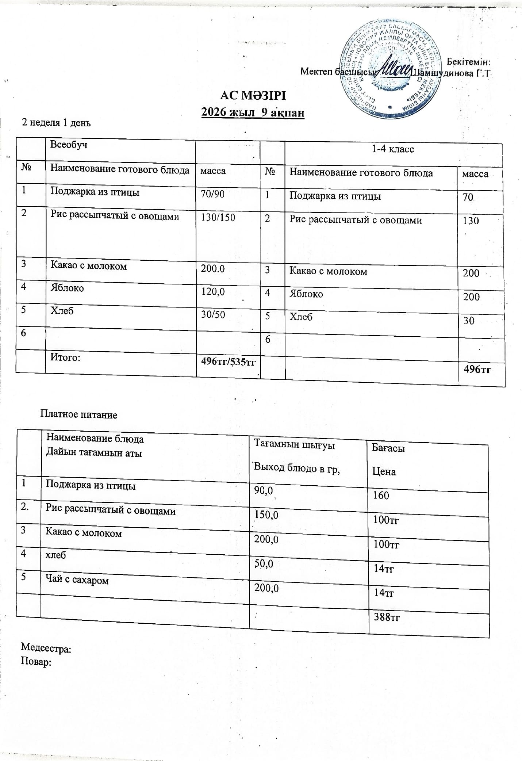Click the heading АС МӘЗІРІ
(x=253, y=96)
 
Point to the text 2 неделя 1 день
(x=56, y=123)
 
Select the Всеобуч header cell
(x=69, y=145)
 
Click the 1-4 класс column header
(x=392, y=149)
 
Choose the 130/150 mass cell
(x=218, y=218)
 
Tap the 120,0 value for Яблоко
(x=213, y=291)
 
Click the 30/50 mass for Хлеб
(x=213, y=314)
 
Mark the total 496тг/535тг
(x=228, y=362)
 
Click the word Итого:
(x=65, y=357)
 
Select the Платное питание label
(x=78, y=415)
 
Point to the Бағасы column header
(x=388, y=448)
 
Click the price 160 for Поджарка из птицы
(x=381, y=496)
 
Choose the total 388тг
(x=387, y=618)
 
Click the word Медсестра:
(x=46, y=649)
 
